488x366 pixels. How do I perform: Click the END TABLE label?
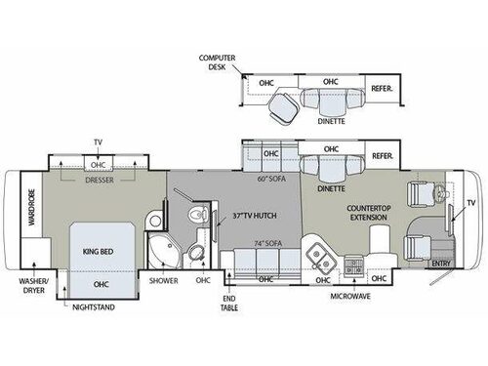[230, 304]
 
